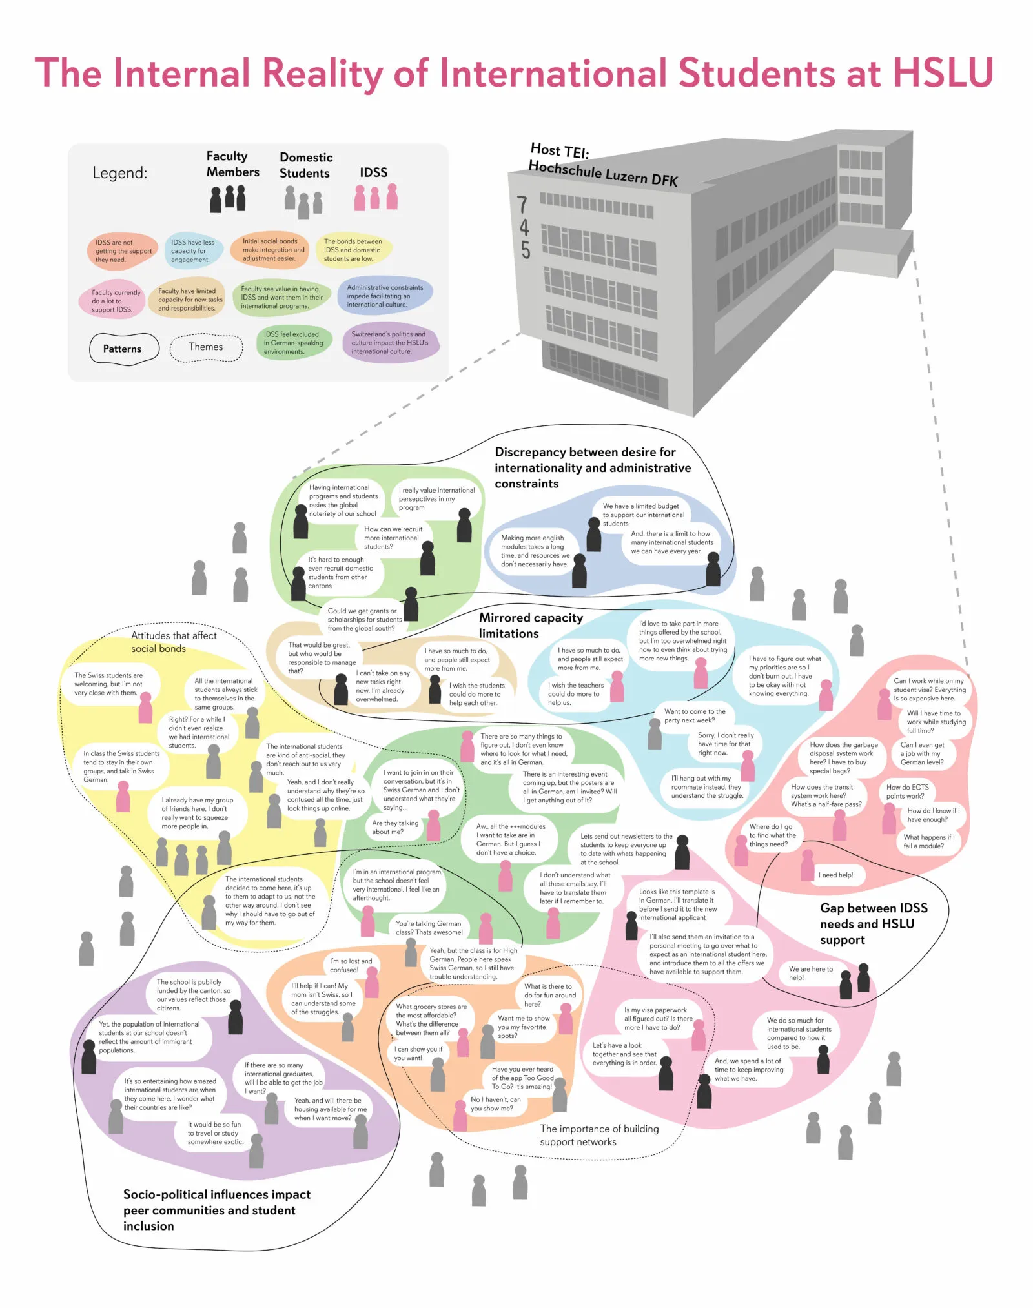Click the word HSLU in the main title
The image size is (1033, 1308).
(942, 72)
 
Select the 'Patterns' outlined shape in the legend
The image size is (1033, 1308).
(123, 349)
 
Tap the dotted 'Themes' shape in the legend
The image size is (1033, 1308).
(206, 347)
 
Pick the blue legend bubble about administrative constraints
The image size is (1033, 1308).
(385, 296)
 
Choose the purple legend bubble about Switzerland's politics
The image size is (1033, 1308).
(390, 343)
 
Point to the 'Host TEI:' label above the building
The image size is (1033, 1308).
(559, 151)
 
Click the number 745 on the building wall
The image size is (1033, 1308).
(524, 227)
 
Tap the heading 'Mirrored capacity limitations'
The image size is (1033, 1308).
(530, 626)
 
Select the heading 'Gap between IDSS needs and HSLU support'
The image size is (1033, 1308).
(874, 924)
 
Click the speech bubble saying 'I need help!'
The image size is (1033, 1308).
(836, 875)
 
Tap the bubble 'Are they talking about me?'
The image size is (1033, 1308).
(395, 828)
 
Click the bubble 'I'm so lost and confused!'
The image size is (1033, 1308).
(351, 965)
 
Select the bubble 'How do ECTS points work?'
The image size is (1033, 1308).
(907, 792)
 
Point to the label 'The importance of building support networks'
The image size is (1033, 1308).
(598, 1135)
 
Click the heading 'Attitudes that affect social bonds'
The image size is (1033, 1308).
(173, 642)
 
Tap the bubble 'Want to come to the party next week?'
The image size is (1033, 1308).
(694, 716)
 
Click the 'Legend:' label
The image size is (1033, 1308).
(119, 173)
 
